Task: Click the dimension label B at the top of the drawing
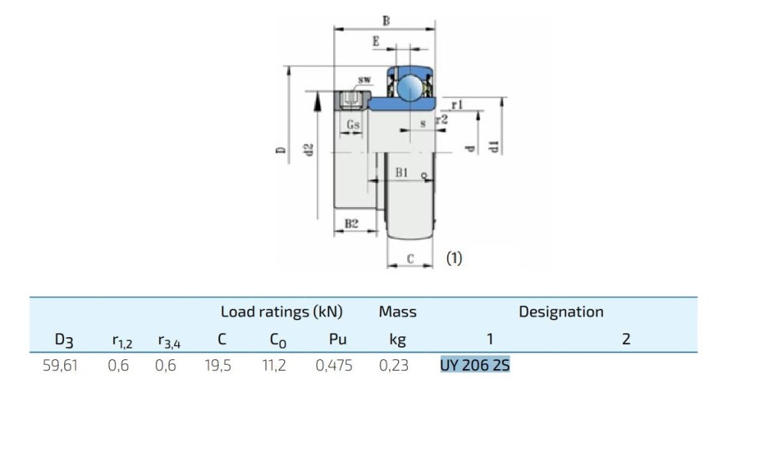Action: [386, 21]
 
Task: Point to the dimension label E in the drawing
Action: [376, 43]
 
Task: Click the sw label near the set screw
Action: [364, 79]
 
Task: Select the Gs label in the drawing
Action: [353, 124]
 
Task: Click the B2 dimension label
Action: [351, 224]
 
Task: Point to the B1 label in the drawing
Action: [403, 174]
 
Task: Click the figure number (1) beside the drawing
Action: [455, 258]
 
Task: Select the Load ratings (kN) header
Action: [281, 312]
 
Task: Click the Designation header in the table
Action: [561, 312]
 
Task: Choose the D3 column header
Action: [64, 339]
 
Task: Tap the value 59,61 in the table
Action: [60, 366]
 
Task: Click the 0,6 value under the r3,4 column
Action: [165, 366]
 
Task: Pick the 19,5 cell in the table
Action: [218, 366]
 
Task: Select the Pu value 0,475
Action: [334, 366]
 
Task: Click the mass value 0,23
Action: [393, 366]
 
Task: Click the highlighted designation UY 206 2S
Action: [474, 365]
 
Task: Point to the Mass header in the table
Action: [397, 312]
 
